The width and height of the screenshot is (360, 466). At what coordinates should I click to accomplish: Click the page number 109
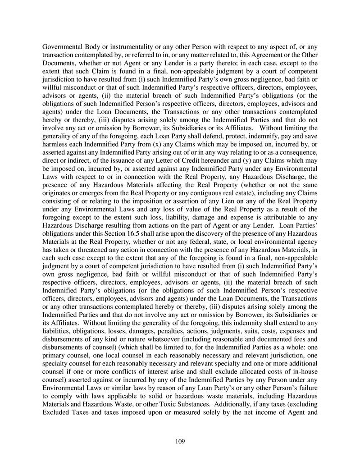coord(180,441)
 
